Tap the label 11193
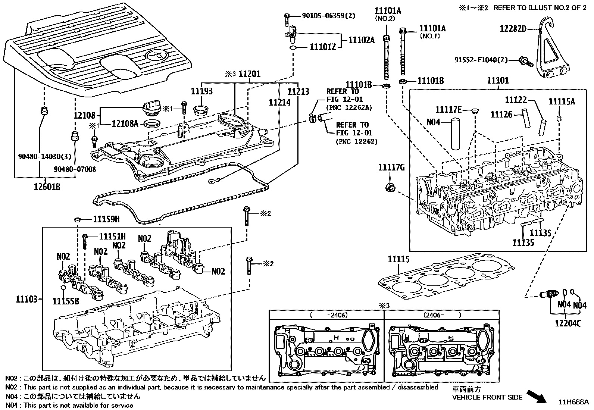pos(201,91)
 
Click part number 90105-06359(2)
pos(328,16)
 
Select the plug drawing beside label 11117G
pos(391,187)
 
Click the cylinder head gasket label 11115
pos(398,259)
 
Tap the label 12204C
pos(568,323)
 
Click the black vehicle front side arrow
pos(536,396)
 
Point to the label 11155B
pos(66,301)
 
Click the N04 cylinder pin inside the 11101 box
pos(457,134)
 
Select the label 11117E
pos(448,109)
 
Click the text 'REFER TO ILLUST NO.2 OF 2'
pos(540,8)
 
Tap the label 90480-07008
pos(75,169)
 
